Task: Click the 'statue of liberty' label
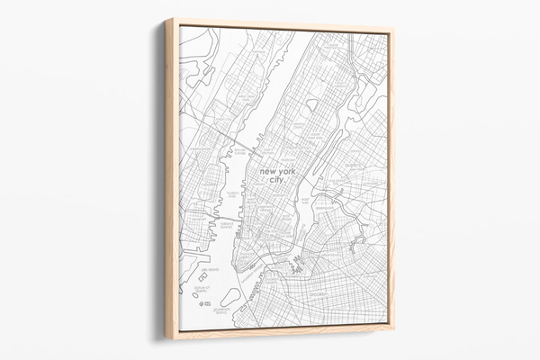202,290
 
